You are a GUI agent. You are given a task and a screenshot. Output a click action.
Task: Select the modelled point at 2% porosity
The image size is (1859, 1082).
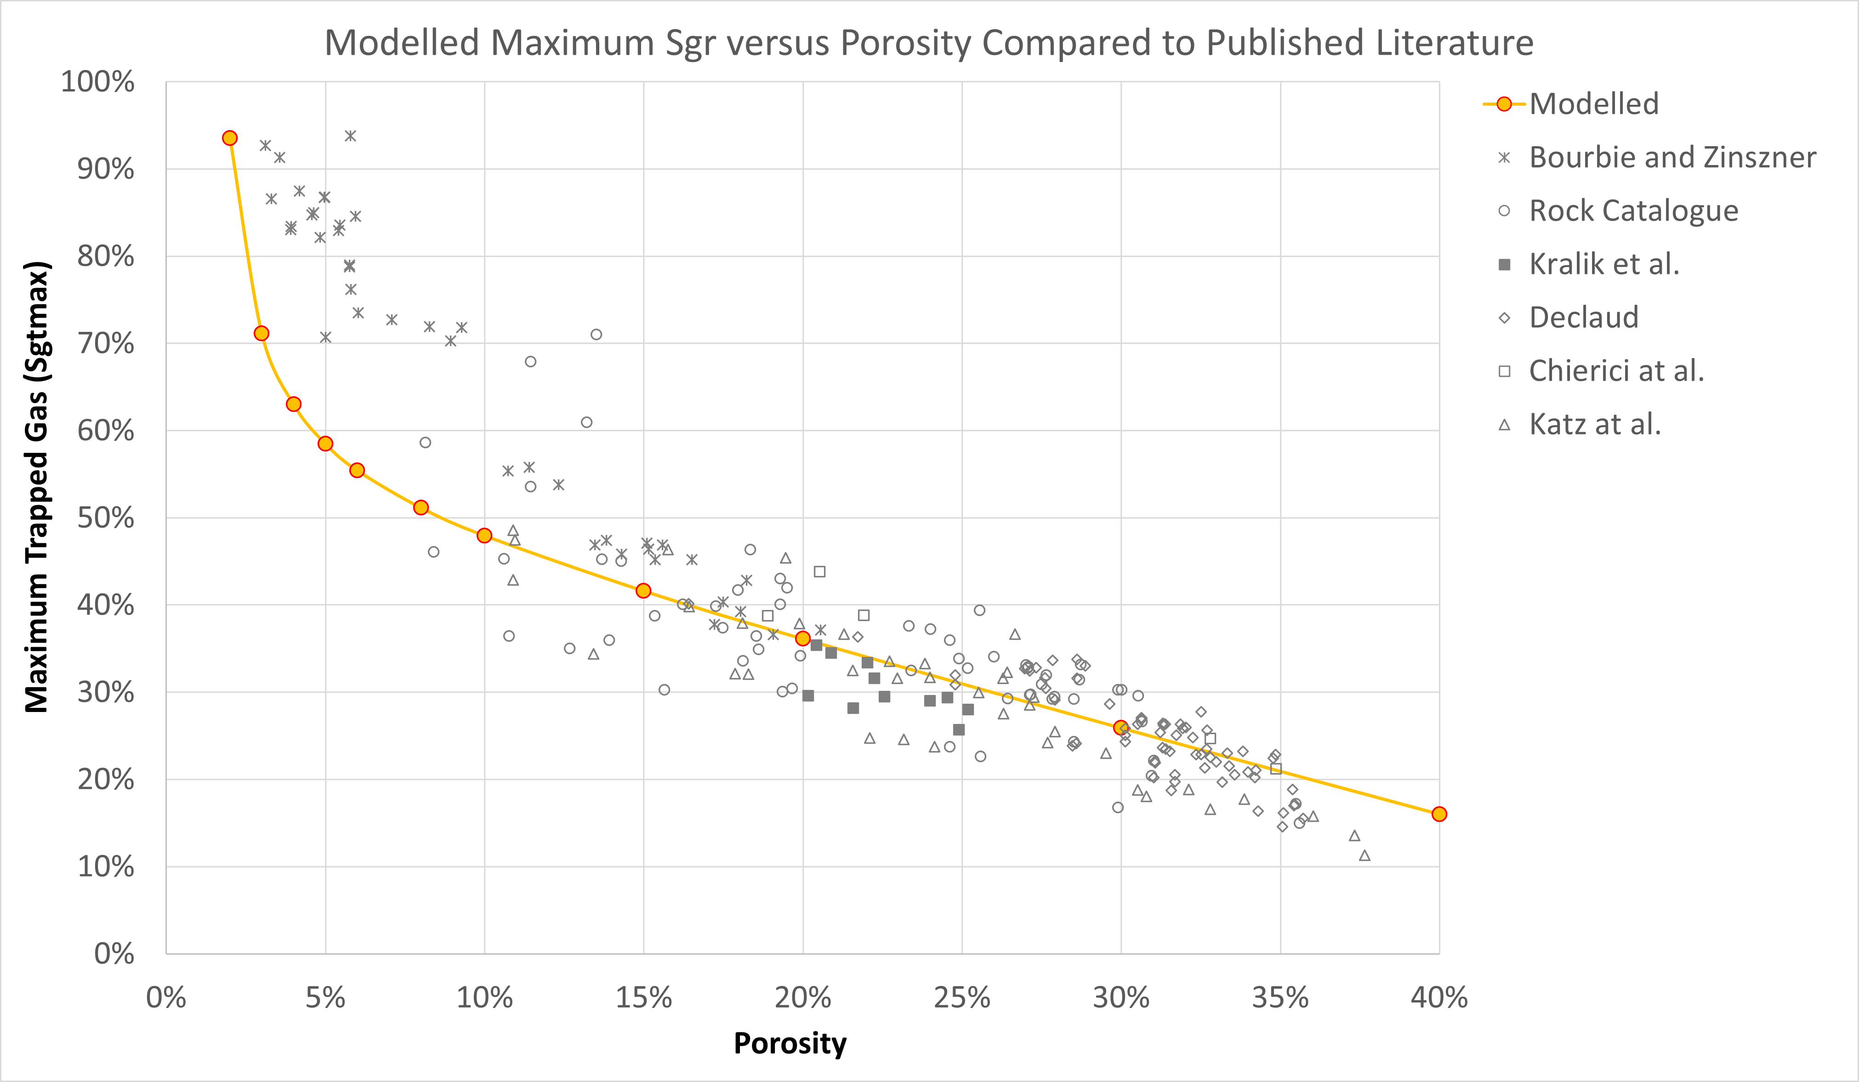pyautogui.click(x=229, y=138)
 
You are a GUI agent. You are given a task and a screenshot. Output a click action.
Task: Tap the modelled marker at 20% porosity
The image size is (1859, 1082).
pyautogui.click(x=802, y=638)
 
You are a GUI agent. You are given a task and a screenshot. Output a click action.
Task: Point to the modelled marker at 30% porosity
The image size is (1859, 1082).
pyautogui.click(x=1120, y=727)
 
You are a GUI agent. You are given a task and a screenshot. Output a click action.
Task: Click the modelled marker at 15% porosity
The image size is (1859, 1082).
pyautogui.click(x=643, y=591)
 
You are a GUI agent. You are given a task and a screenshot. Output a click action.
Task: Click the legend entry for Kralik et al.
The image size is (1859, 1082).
pyautogui.click(x=1604, y=264)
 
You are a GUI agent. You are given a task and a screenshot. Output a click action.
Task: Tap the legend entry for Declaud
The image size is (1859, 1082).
pyautogui.click(x=1583, y=317)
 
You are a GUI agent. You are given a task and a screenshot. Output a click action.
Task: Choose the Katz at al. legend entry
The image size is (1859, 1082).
pyautogui.click(x=1594, y=424)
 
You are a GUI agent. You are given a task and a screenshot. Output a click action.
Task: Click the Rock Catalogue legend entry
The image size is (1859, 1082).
pyautogui.click(x=1633, y=211)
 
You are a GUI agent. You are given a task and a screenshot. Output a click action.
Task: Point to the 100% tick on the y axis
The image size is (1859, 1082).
pyautogui.click(x=97, y=82)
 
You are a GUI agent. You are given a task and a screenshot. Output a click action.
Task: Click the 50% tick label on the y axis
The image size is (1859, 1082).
pyautogui.click(x=106, y=518)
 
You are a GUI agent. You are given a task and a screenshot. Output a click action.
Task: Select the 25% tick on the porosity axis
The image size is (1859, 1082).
pyautogui.click(x=961, y=997)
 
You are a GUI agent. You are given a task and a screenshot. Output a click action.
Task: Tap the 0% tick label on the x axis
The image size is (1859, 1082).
pyautogui.click(x=166, y=997)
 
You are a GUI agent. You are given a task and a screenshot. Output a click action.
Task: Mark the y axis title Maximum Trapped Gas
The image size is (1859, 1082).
pyautogui.click(x=37, y=487)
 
